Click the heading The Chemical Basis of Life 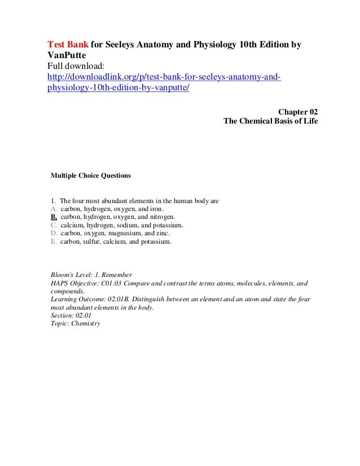click(x=271, y=121)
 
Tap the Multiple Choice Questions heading click(x=91, y=176)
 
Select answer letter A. click(x=54, y=208)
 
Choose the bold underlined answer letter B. click(x=54, y=217)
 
